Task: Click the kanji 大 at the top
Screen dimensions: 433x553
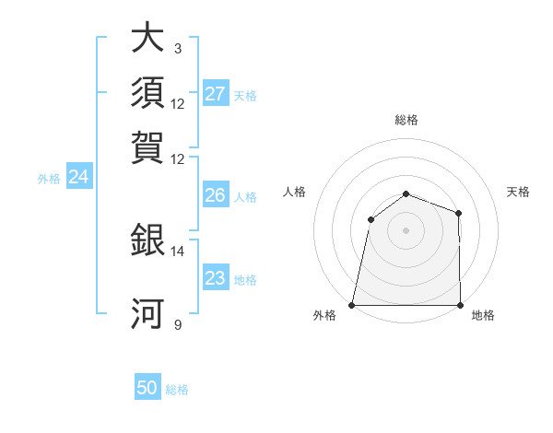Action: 147,39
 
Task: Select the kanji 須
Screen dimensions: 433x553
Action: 147,92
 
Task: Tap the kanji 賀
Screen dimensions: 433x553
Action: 147,146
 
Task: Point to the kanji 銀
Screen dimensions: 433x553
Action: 147,241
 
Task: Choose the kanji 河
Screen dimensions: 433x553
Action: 147,313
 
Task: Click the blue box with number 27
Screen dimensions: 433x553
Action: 216,94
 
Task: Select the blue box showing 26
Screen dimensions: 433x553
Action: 216,195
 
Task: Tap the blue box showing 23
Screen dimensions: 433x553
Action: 216,278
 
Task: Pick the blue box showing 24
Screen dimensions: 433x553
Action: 78,178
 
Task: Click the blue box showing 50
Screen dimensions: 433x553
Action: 147,389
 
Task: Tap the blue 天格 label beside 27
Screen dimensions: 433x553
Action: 245,95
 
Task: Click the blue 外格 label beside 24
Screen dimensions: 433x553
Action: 49,179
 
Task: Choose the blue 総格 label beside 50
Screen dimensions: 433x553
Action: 177,390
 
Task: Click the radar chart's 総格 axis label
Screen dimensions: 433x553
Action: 406,120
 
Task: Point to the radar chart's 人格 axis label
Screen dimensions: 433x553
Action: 295,192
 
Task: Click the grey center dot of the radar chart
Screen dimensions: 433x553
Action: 406,229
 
